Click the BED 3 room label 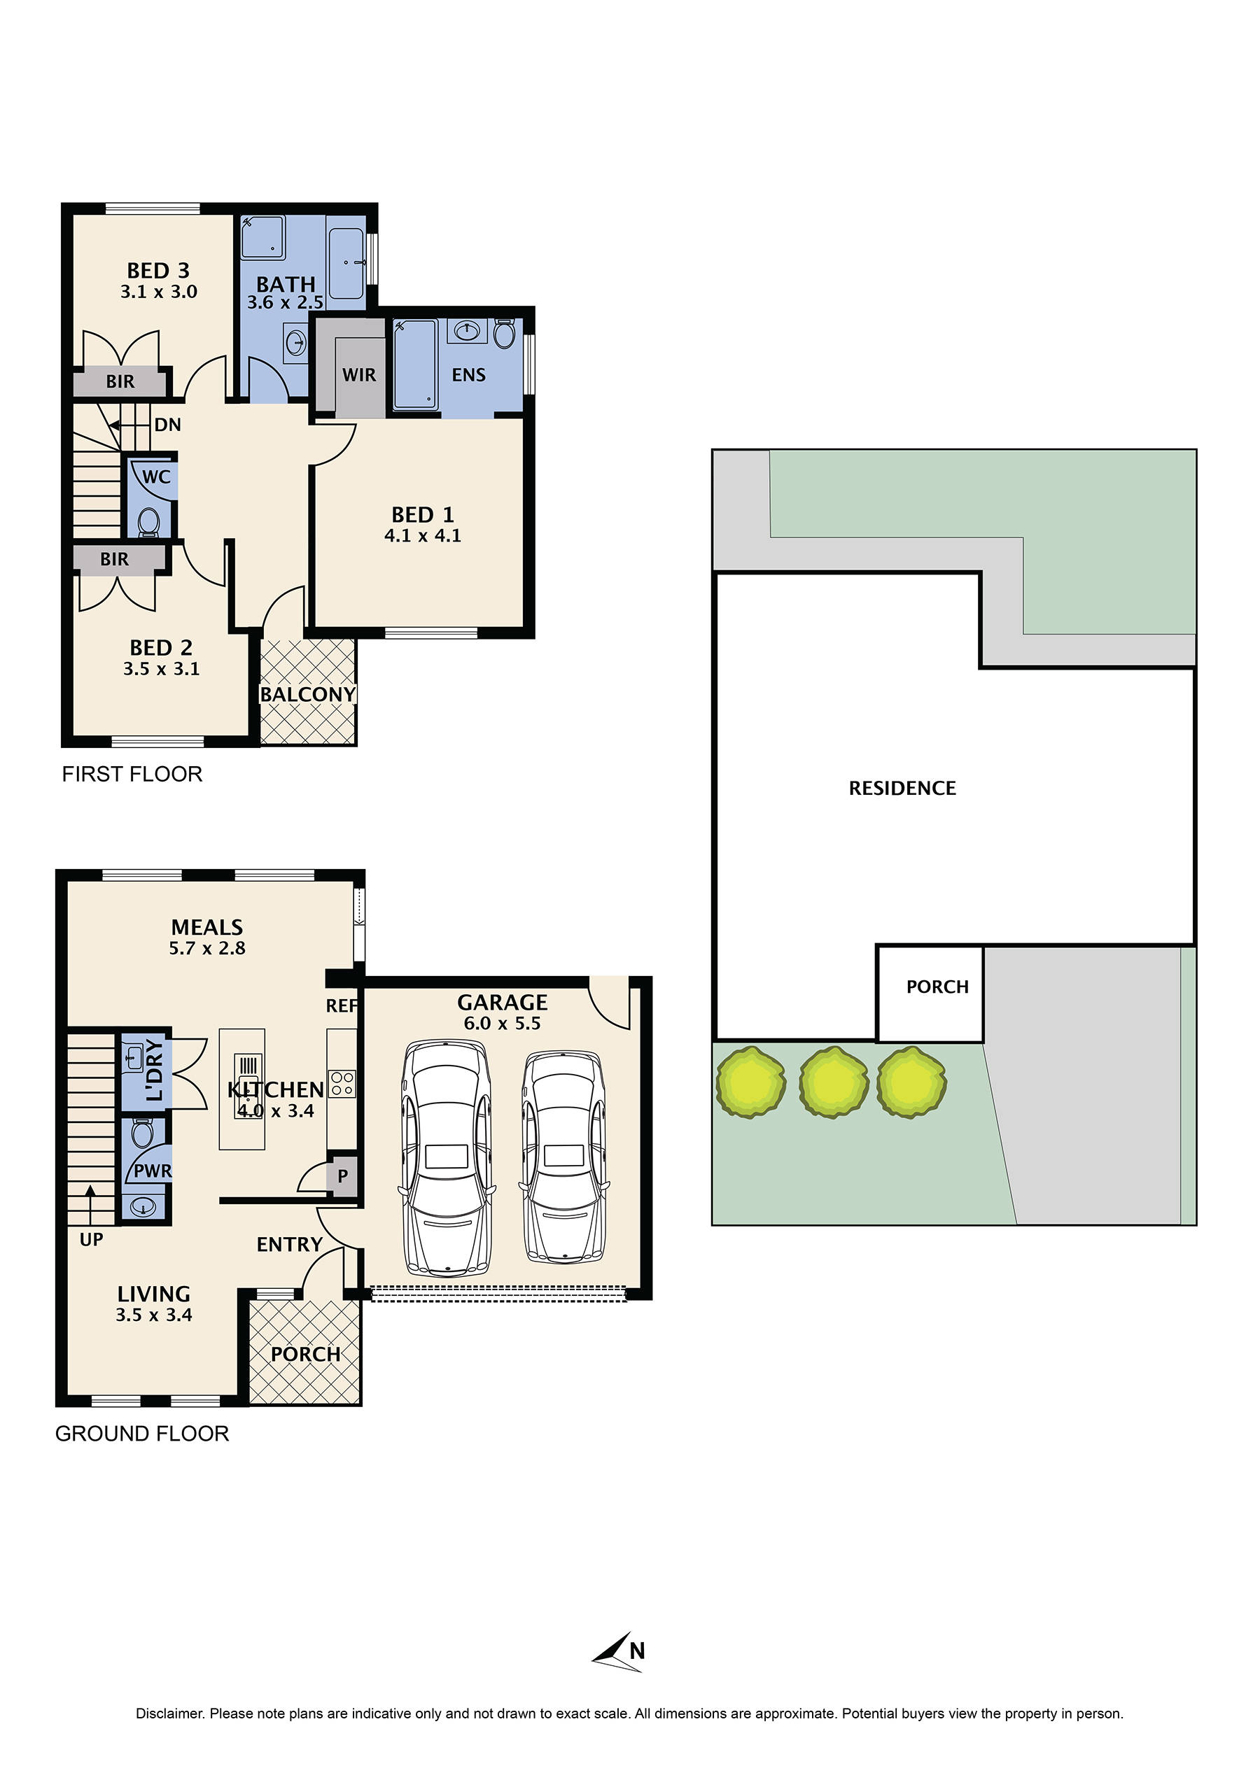click(158, 271)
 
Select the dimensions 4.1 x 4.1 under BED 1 click(423, 536)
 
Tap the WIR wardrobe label click(359, 376)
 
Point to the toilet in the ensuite click(503, 334)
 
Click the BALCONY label click(308, 694)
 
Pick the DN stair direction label click(167, 425)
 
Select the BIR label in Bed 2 click(114, 559)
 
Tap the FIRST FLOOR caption click(132, 774)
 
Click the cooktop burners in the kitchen click(342, 1084)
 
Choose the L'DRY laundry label click(155, 1071)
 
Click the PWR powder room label click(152, 1171)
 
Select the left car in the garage click(445, 1159)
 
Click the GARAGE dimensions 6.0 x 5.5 click(502, 1024)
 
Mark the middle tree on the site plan click(833, 1081)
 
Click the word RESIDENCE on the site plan click(902, 789)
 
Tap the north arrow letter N click(637, 1651)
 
